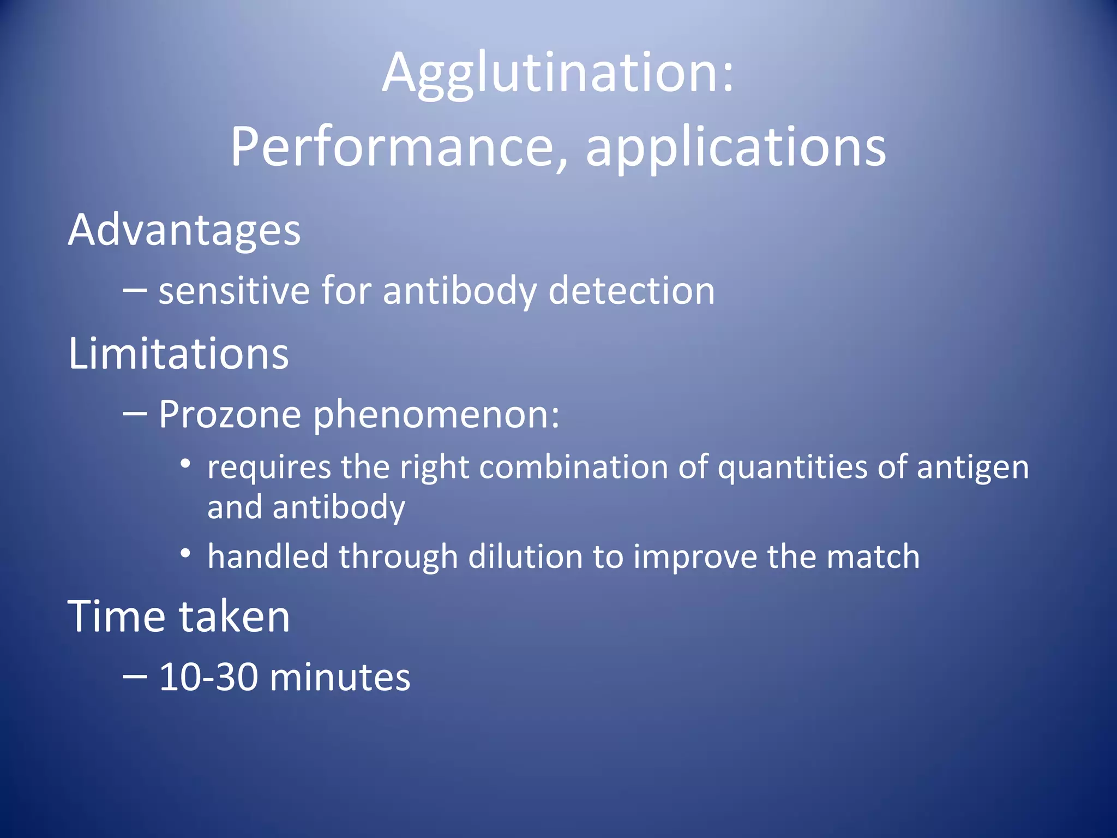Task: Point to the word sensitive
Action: (x=234, y=291)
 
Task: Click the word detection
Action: (x=631, y=291)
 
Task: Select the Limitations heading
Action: (x=178, y=354)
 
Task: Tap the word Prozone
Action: (x=230, y=415)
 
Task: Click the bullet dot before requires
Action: (x=185, y=464)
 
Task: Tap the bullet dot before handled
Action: (x=185, y=554)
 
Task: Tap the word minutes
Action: (x=340, y=678)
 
